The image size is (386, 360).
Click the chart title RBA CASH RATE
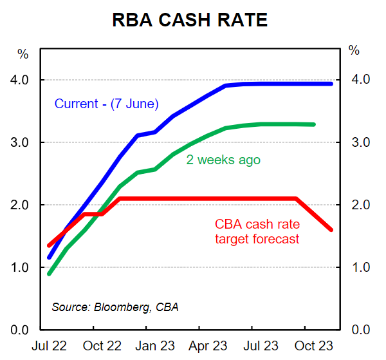190,20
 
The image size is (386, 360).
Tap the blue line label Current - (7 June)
106,103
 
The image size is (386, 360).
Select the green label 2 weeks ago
223,160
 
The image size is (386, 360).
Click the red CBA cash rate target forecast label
257,232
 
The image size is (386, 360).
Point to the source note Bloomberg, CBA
115,307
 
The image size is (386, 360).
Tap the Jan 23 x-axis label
154,346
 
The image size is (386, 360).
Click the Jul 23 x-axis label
261,346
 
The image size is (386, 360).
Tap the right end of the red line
331,229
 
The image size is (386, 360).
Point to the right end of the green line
313,124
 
